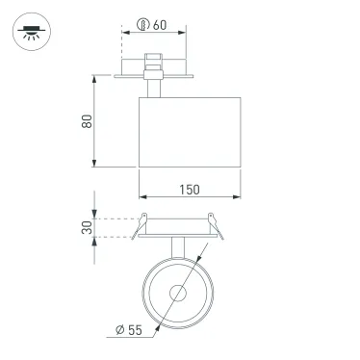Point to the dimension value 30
tap(88, 230)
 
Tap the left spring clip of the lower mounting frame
tap(141, 219)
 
